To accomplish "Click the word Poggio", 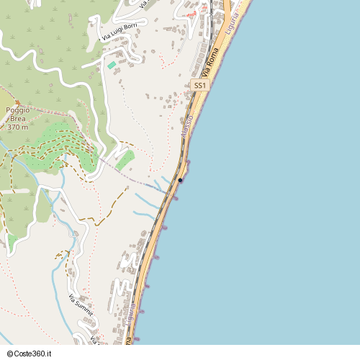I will point(17,110).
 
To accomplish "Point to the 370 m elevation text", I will point(17,127).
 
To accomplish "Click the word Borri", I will point(130,26).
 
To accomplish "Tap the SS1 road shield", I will point(200,86).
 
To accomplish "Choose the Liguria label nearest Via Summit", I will point(130,317).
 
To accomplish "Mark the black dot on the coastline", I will point(180,180).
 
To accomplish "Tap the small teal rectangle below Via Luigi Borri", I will point(112,66).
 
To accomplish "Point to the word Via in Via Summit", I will point(72,296).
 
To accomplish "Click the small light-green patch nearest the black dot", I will point(124,160).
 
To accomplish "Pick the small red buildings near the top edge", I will point(191,14).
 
